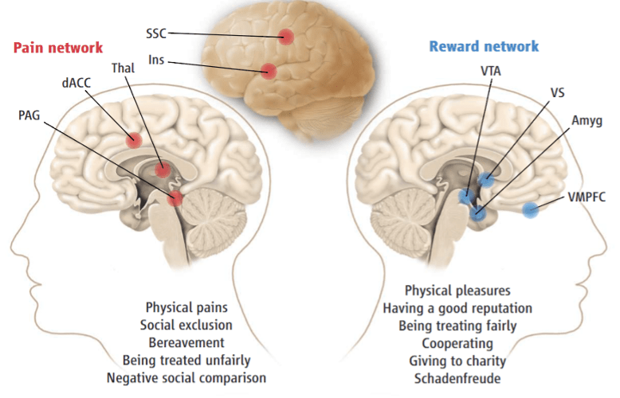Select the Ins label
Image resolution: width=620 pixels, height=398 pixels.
click(x=157, y=60)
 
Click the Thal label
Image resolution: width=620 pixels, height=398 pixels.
click(x=123, y=68)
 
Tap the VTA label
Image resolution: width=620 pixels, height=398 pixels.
click(x=491, y=70)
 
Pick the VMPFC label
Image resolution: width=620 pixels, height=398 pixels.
click(x=588, y=197)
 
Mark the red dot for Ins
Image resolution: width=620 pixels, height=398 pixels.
click(x=269, y=72)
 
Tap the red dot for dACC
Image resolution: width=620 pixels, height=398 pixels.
click(x=134, y=140)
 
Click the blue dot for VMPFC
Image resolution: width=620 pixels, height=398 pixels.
click(x=530, y=210)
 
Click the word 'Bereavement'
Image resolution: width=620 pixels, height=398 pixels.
click(x=185, y=342)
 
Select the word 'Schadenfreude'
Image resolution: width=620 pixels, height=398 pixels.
click(x=457, y=378)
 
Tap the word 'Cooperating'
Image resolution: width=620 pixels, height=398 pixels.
click(x=457, y=343)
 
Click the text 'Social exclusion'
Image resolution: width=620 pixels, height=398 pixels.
click(x=186, y=325)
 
